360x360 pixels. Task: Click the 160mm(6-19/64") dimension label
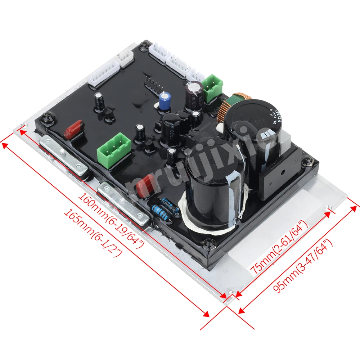[112, 220]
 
